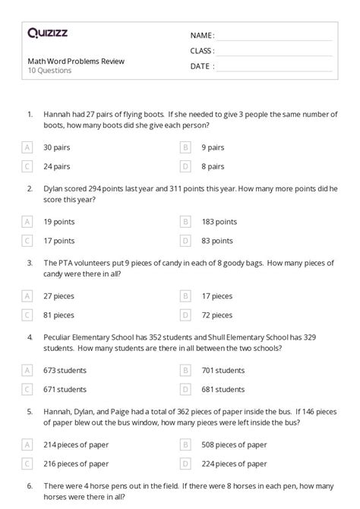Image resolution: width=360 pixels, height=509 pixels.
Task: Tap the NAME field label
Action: click(x=202, y=35)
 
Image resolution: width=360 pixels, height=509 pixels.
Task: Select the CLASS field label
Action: click(x=202, y=51)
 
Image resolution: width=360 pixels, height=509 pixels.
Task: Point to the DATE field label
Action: click(x=201, y=66)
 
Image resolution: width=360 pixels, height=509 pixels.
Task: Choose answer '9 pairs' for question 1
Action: click(x=213, y=147)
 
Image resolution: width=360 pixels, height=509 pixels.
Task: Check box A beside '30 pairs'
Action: click(x=28, y=147)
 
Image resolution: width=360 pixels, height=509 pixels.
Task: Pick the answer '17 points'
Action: click(x=59, y=240)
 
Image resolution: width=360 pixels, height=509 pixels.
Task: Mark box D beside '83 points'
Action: click(x=185, y=240)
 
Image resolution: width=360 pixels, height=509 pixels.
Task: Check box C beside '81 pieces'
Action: click(x=28, y=314)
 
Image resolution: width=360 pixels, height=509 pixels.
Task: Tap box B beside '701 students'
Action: click(x=185, y=370)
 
